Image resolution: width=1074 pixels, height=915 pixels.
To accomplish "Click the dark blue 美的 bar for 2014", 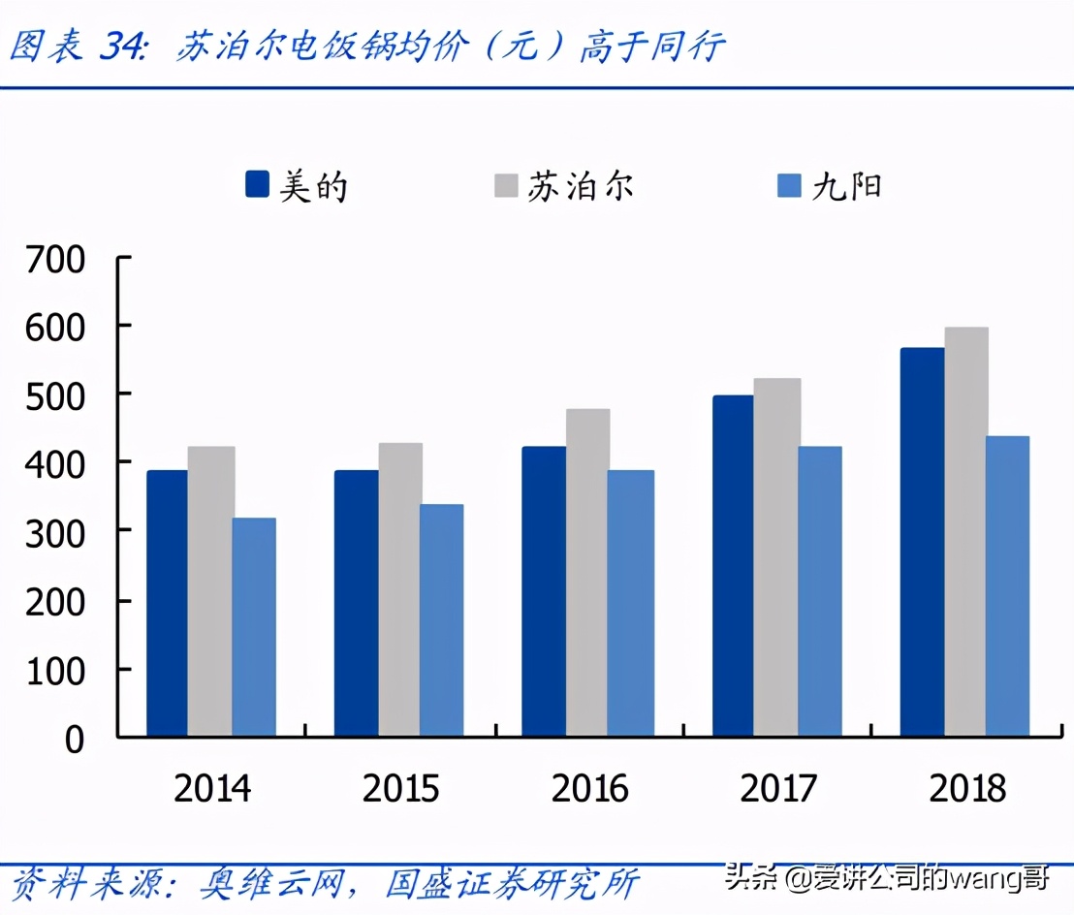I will coord(168,603).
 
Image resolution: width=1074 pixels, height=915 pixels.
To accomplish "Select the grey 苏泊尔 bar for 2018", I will coord(966,532).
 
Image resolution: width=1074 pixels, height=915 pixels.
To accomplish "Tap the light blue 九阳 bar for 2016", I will coord(630,603).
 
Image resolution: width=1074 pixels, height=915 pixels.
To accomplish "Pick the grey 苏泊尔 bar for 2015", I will coord(400,589).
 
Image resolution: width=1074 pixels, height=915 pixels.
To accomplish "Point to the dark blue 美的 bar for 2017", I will coord(733,566).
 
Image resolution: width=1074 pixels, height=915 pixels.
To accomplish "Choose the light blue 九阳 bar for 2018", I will coord(1007,585).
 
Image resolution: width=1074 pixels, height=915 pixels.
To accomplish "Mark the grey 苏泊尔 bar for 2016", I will coord(588,572).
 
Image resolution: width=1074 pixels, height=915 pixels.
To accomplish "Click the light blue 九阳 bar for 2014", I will coord(254,627).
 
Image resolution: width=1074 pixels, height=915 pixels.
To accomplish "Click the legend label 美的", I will coord(313,184).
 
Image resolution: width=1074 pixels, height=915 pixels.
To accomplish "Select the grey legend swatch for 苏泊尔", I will coord(507,184).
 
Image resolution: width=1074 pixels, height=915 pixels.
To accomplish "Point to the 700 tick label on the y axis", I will coord(57,259).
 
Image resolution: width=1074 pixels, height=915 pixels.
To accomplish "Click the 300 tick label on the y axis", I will coord(57,531).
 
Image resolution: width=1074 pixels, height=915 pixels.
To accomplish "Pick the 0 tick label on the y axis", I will coord(76,739).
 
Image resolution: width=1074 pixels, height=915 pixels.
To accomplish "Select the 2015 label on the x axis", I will coord(400,788).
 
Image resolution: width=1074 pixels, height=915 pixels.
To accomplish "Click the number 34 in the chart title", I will coord(122,47).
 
